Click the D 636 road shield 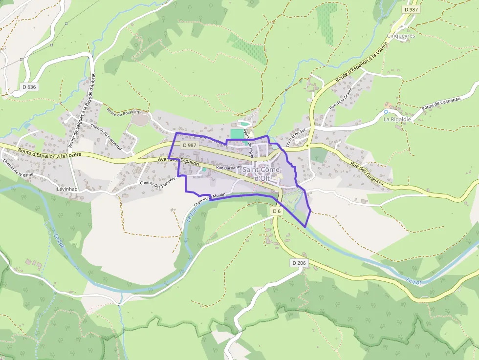click(x=29, y=87)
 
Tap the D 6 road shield click(x=277, y=211)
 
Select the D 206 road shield click(x=299, y=263)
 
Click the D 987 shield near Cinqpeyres click(x=412, y=10)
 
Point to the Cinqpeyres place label click(x=400, y=36)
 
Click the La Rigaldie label click(x=397, y=119)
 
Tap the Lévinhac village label click(x=67, y=189)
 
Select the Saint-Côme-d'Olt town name click(x=262, y=174)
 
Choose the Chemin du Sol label click(x=295, y=137)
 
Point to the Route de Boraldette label click(x=124, y=113)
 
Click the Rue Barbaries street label click(x=229, y=168)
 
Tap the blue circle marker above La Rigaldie click(x=386, y=111)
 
